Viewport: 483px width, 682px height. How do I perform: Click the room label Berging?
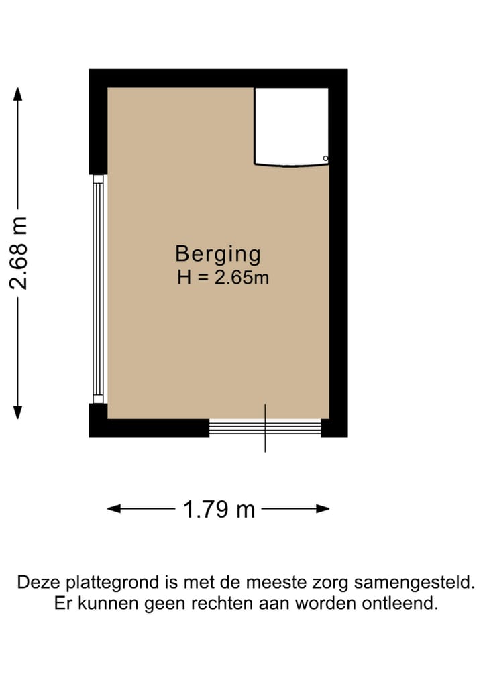click(x=218, y=254)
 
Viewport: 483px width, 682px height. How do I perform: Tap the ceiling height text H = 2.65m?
click(x=223, y=277)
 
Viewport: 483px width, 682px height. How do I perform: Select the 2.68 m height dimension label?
click(x=21, y=253)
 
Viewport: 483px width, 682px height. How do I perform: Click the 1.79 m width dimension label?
click(x=219, y=510)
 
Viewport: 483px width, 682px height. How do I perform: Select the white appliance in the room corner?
click(x=291, y=125)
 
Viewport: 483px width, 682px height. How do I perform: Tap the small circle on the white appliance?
click(x=325, y=158)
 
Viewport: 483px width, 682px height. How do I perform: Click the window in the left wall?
click(x=99, y=288)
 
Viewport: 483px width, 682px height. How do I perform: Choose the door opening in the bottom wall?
click(x=265, y=427)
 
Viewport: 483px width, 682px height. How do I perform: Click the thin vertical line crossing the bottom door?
click(x=265, y=429)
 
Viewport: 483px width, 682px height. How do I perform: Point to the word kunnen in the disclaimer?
click(x=109, y=603)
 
